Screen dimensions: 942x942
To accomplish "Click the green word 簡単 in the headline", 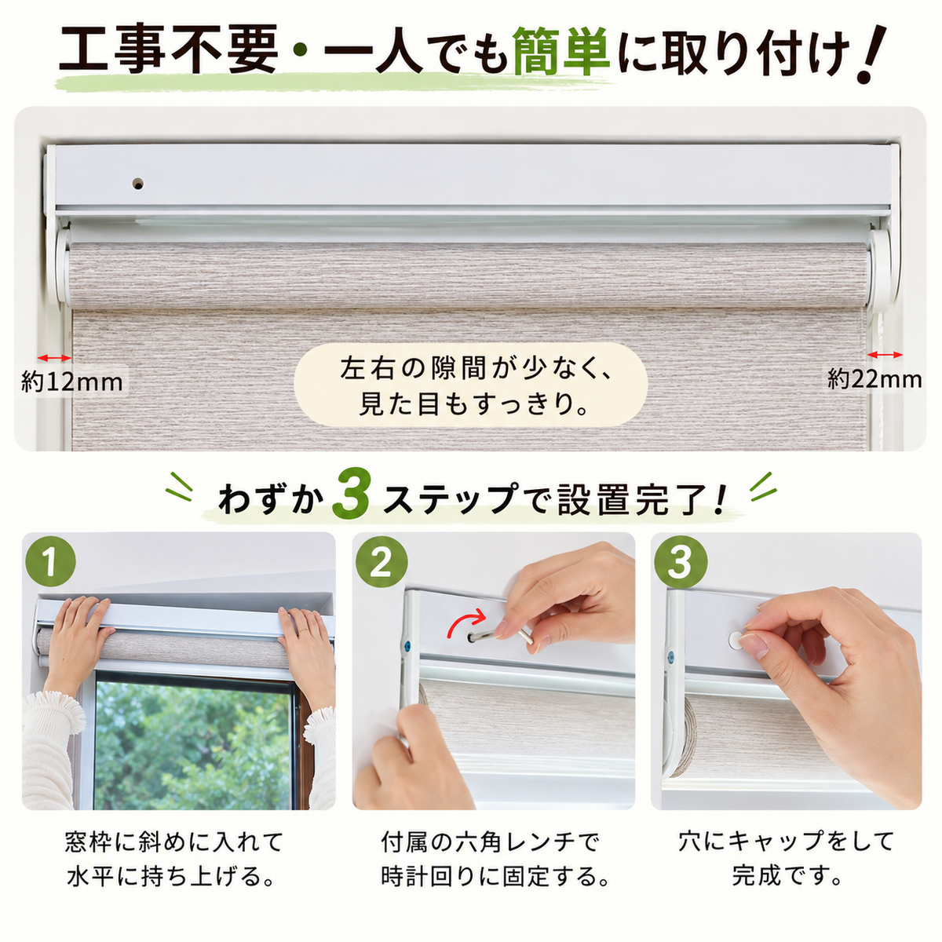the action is pyautogui.click(x=562, y=52).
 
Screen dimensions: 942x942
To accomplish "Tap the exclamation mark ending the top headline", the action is pyautogui.click(x=871, y=54).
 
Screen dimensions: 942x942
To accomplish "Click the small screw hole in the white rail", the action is pyautogui.click(x=138, y=184).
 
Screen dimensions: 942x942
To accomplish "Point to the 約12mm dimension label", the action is pyautogui.click(x=72, y=382).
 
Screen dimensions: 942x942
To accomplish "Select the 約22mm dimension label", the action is pyautogui.click(x=874, y=379).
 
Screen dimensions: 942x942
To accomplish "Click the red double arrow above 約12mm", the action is pyautogui.click(x=54, y=358).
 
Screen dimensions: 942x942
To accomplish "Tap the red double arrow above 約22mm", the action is pyautogui.click(x=885, y=354).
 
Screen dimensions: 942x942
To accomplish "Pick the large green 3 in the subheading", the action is pyautogui.click(x=350, y=500).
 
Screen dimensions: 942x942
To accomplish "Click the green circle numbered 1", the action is pyautogui.click(x=51, y=562).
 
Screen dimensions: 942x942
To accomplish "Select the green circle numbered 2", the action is pyautogui.click(x=382, y=562).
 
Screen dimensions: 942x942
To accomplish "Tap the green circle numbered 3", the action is pyautogui.click(x=681, y=562).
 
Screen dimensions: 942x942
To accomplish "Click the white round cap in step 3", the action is pyautogui.click(x=736, y=640).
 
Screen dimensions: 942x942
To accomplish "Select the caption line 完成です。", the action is pyautogui.click(x=787, y=875).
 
